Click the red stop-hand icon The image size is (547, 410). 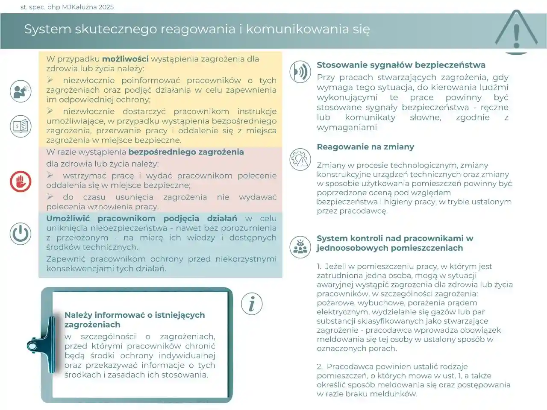[x=21, y=181]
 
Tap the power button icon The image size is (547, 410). [x=21, y=234]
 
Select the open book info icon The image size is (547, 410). [x=21, y=126]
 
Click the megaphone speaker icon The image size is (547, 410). [x=21, y=91]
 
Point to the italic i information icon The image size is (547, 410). [x=252, y=304]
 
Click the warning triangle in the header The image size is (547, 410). [x=516, y=31]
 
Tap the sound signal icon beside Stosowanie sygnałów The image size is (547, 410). [x=300, y=72]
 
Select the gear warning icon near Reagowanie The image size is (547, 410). [x=300, y=159]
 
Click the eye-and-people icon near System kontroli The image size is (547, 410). [x=300, y=247]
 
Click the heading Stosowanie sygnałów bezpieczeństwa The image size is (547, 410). [x=401, y=65]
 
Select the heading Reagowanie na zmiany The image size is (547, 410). [x=365, y=146]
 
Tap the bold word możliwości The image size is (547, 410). [x=125, y=59]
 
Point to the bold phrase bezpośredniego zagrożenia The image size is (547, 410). [x=186, y=152]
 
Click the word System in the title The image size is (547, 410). [x=47, y=29]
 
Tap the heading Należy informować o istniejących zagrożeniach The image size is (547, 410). [x=135, y=319]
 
